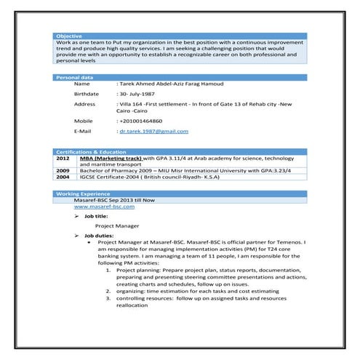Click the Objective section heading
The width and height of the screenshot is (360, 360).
[x=70, y=36]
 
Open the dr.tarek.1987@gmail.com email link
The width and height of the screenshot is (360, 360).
[x=153, y=131]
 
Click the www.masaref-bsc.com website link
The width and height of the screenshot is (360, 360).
[x=104, y=207]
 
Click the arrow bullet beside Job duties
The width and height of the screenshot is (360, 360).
[x=76, y=236]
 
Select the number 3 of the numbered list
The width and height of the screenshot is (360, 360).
[x=108, y=298]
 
